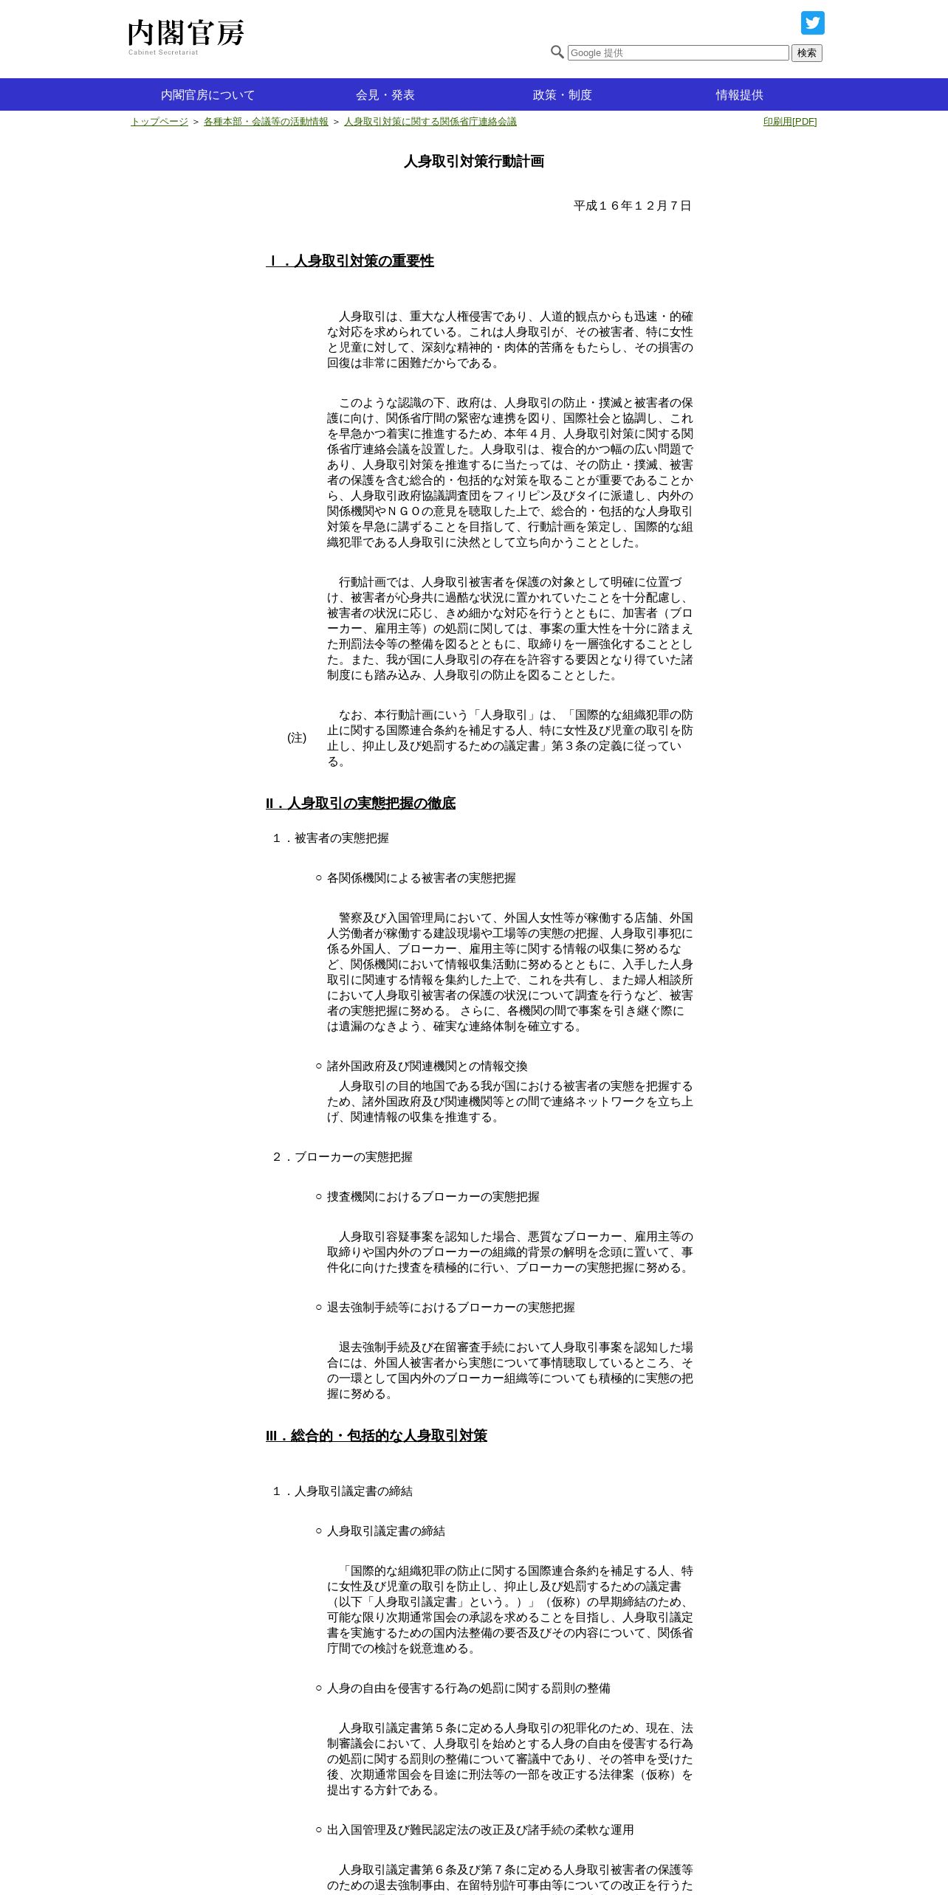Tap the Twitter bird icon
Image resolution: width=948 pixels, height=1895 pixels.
tap(812, 23)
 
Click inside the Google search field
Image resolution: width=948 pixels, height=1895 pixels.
tap(678, 53)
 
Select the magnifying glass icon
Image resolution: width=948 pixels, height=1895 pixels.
tap(557, 52)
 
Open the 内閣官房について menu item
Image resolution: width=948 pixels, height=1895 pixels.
tap(207, 95)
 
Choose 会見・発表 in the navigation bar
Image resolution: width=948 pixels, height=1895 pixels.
tap(385, 95)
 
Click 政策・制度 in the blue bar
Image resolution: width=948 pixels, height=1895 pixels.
tap(562, 95)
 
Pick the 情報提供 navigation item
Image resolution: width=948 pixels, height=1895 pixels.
tap(739, 95)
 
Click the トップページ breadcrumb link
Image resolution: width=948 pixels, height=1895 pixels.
tap(159, 122)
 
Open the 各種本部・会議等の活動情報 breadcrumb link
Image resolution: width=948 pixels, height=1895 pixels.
tap(266, 122)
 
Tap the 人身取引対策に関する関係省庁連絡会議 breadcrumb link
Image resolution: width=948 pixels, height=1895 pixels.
tap(430, 122)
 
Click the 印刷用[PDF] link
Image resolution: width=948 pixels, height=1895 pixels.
tap(789, 122)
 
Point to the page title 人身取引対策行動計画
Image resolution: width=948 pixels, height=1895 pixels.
tap(474, 162)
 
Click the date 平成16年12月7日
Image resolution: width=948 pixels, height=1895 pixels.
tap(632, 206)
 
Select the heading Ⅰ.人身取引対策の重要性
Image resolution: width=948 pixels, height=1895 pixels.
tap(350, 261)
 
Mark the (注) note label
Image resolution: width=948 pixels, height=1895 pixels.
tap(297, 738)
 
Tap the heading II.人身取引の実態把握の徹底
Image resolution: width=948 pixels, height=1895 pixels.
tap(360, 804)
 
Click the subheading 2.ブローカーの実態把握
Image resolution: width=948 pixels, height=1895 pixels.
tap(343, 1157)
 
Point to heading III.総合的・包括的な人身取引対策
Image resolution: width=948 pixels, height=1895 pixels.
tap(377, 1436)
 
